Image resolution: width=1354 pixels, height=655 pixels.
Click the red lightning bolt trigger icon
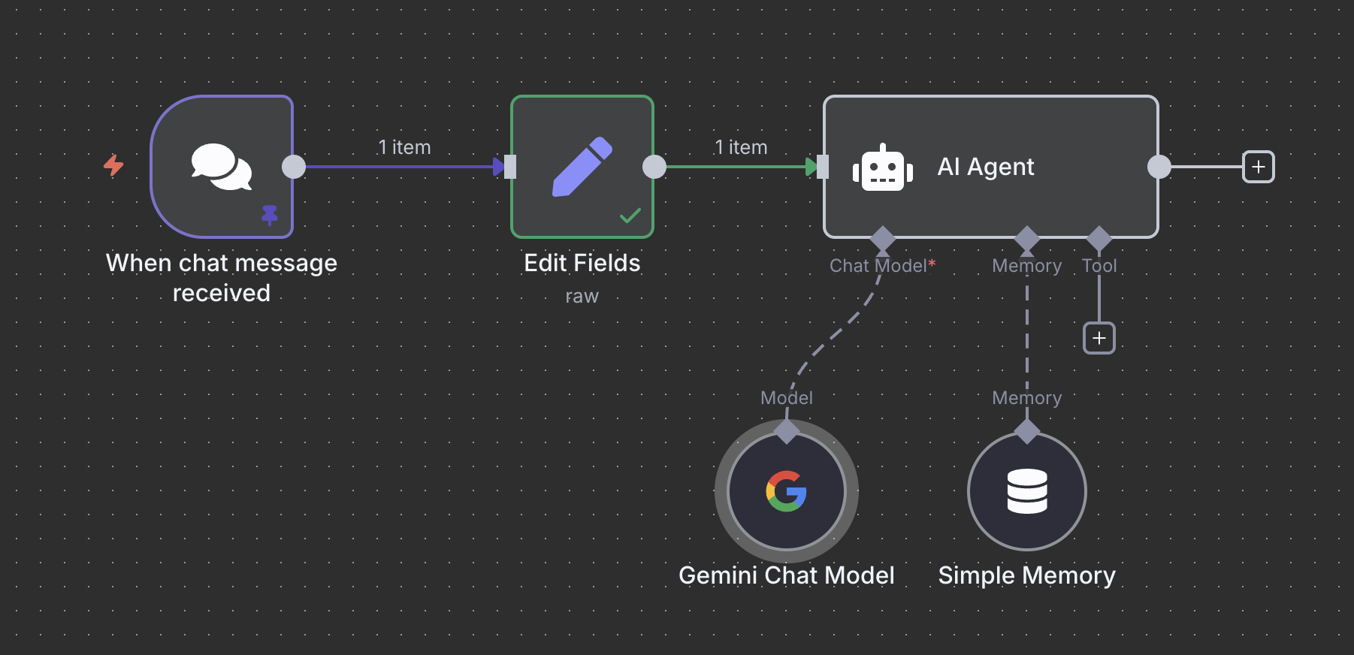113,165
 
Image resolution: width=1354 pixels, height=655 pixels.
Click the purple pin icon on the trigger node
270,215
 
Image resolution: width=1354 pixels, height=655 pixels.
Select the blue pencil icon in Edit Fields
582,167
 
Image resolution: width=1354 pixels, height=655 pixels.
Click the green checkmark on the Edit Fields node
630,216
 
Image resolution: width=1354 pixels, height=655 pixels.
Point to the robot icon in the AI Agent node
882,168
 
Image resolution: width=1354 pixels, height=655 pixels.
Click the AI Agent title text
985,167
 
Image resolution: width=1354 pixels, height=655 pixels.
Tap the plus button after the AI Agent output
1258,167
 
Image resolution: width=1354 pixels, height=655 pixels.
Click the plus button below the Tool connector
1099,338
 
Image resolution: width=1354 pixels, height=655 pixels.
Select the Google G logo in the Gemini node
786,491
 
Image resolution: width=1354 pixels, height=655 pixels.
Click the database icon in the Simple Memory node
1026,491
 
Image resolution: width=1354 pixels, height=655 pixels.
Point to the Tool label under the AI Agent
1099,266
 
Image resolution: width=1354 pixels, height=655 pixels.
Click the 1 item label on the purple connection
404,147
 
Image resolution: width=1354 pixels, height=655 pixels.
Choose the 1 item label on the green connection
741,147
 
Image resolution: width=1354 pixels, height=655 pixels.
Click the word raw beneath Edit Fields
582,297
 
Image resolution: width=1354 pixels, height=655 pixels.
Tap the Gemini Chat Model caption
786,575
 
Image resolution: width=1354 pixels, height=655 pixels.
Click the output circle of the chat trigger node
294,167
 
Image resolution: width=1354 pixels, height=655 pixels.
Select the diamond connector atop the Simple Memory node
1026,432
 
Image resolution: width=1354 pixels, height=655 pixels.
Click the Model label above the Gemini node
786,398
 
